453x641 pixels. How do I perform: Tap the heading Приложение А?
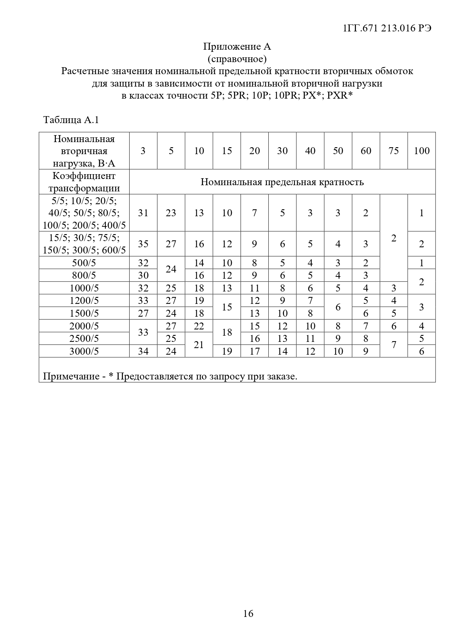pyautogui.click(x=237, y=47)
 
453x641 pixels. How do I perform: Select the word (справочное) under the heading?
pyautogui.click(x=237, y=59)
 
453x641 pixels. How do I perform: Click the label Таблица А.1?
pyautogui.click(x=71, y=120)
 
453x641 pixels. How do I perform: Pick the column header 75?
pyautogui.click(x=394, y=151)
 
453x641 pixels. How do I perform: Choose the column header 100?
pyautogui.click(x=422, y=151)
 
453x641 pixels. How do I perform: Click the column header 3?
pyautogui.click(x=143, y=151)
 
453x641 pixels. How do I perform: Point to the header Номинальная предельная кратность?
pyautogui.click(x=282, y=182)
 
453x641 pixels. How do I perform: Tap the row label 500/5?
pyautogui.click(x=84, y=263)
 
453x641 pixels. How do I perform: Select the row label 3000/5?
pyautogui.click(x=84, y=351)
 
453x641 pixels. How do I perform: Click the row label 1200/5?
pyautogui.click(x=84, y=301)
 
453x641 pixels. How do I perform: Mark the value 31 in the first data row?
pyautogui.click(x=143, y=213)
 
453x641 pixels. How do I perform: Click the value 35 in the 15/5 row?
pyautogui.click(x=143, y=244)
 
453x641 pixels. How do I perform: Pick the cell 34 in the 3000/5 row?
pyautogui.click(x=143, y=351)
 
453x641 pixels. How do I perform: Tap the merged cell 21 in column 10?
pyautogui.click(x=199, y=344)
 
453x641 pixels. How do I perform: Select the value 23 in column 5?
pyautogui.click(x=171, y=213)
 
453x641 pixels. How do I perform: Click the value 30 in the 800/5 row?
pyautogui.click(x=143, y=275)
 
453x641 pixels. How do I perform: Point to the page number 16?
pyautogui.click(x=248, y=613)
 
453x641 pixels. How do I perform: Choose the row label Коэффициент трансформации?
pyautogui.click(x=84, y=182)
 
